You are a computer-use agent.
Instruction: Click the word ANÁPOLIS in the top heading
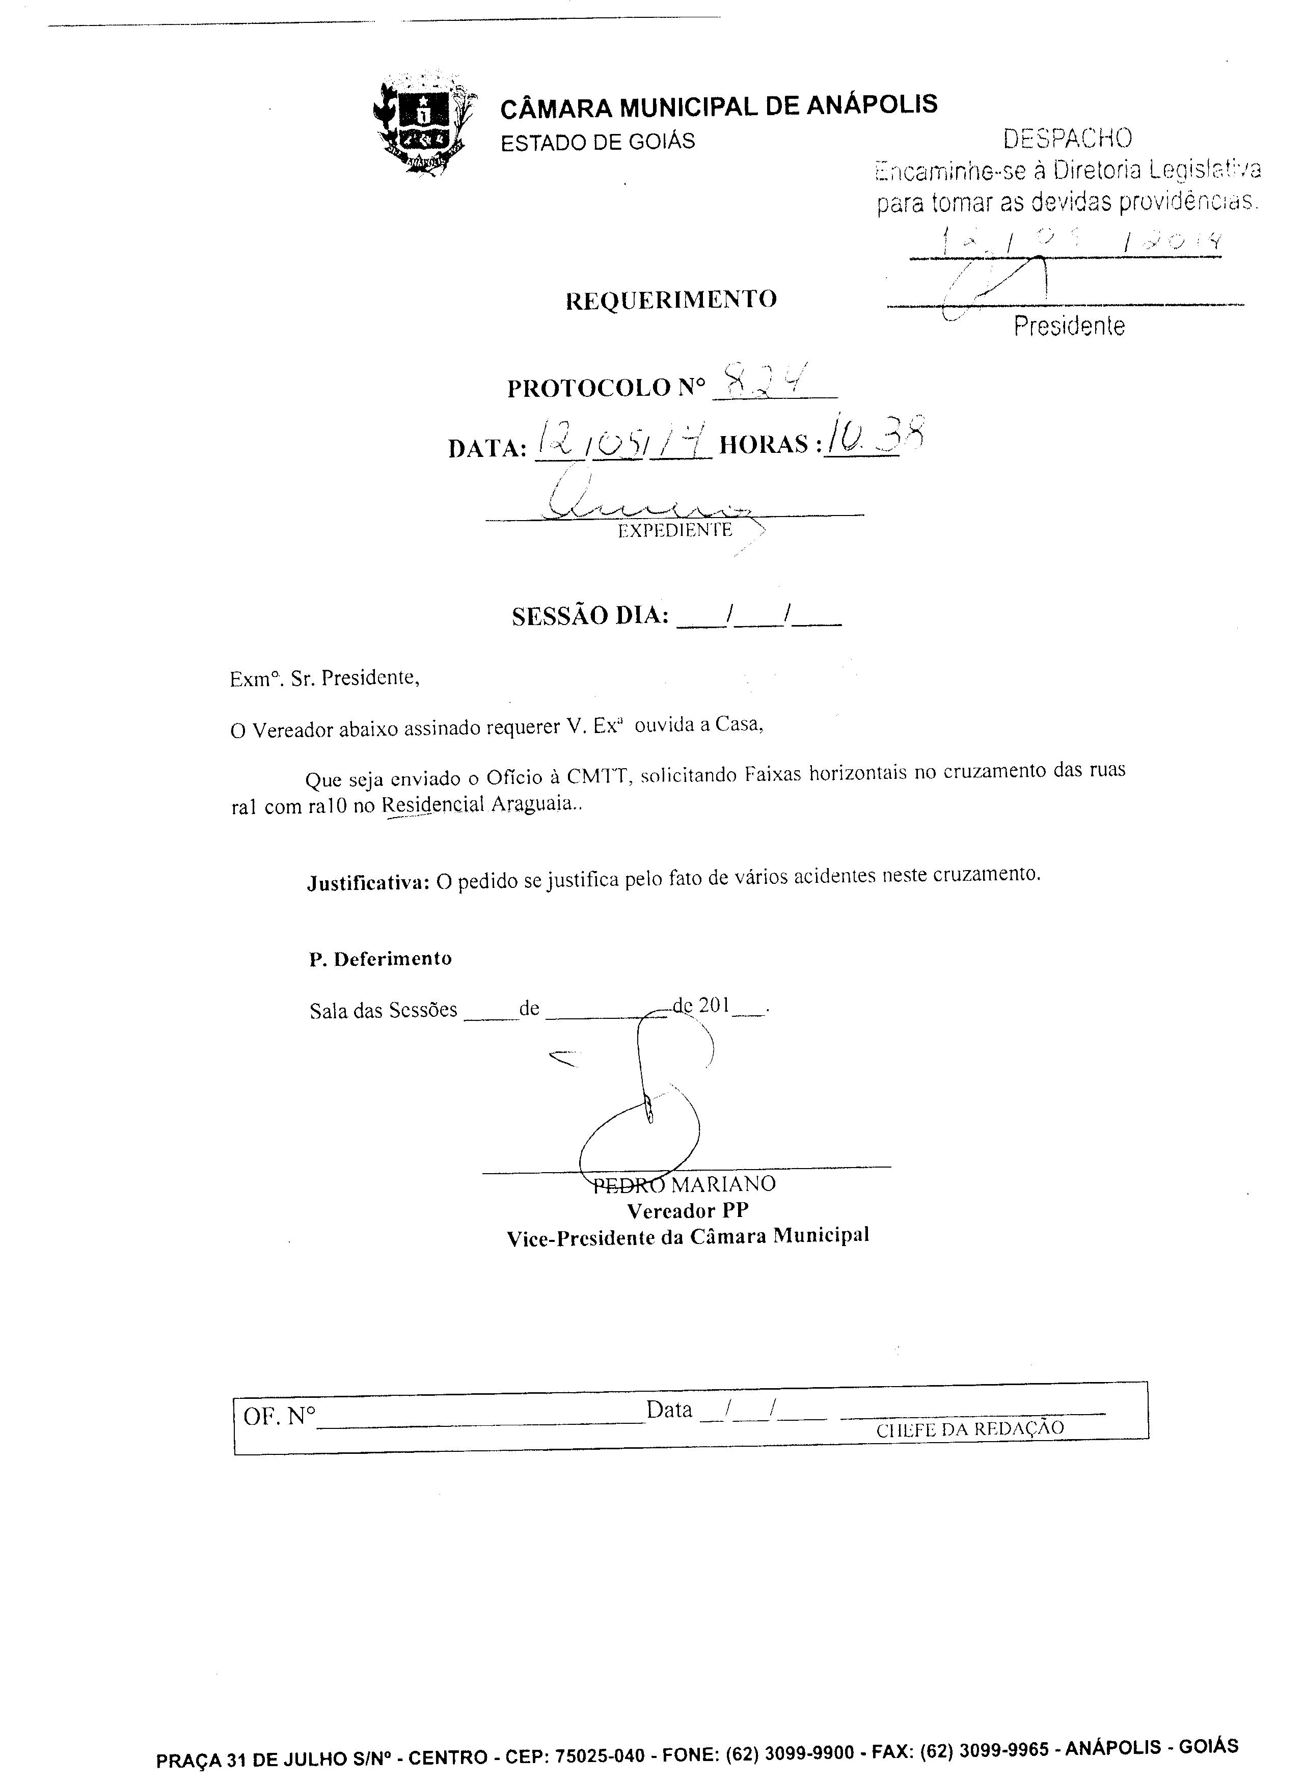pyautogui.click(x=872, y=104)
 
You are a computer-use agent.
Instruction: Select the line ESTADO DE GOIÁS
pyautogui.click(x=597, y=142)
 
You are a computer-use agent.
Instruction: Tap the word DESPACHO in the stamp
pyautogui.click(x=1067, y=139)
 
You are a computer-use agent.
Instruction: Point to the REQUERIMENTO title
pyautogui.click(x=671, y=299)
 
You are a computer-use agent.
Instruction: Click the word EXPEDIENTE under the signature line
pyautogui.click(x=675, y=530)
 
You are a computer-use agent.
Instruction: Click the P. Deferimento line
pyautogui.click(x=381, y=959)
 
